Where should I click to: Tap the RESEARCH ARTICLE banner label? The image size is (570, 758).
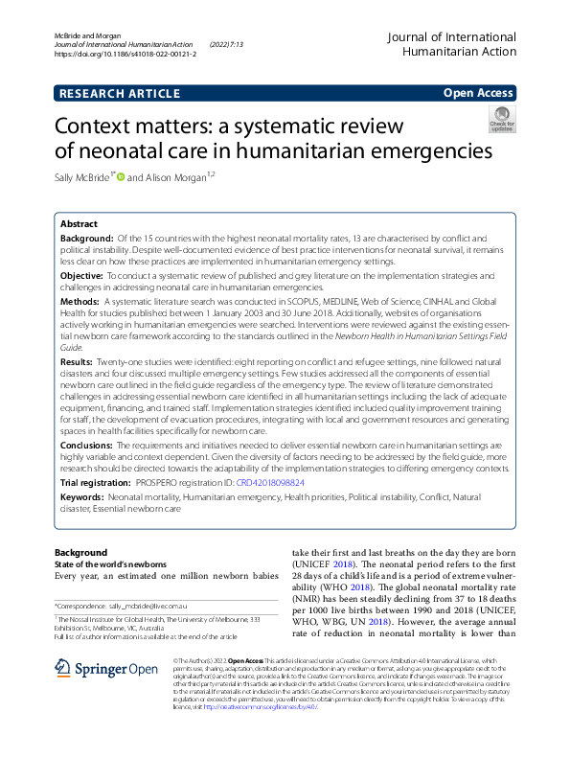tap(119, 93)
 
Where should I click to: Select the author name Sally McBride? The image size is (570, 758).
tap(82, 177)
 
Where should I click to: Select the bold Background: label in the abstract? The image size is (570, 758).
tap(86, 237)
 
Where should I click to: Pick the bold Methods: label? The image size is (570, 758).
tap(80, 300)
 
